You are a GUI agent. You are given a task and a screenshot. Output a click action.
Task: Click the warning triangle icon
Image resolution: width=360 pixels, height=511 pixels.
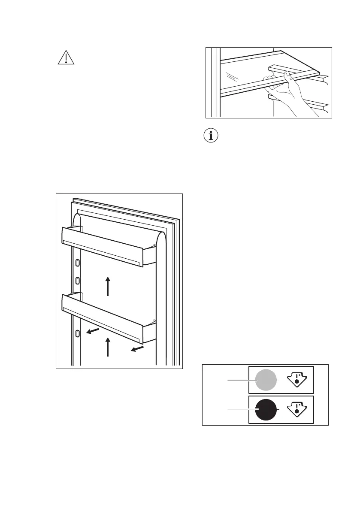coord(66,57)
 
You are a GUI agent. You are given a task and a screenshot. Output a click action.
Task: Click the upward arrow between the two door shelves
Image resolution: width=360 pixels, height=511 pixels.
coord(108,286)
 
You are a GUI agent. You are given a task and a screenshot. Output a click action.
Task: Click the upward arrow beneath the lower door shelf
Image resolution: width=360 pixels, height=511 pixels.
coord(108,347)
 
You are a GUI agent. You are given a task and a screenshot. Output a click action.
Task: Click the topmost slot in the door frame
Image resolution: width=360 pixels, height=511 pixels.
coord(77,263)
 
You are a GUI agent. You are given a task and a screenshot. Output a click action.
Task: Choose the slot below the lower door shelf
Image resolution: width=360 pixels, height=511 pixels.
coord(77,333)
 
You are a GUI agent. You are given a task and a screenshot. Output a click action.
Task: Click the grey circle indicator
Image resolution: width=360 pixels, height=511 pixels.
coord(266,380)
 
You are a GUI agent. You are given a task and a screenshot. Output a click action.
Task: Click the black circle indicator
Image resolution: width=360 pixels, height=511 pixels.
coord(266,410)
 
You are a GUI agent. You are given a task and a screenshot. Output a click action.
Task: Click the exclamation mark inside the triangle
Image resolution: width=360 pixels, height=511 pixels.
coord(66,59)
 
